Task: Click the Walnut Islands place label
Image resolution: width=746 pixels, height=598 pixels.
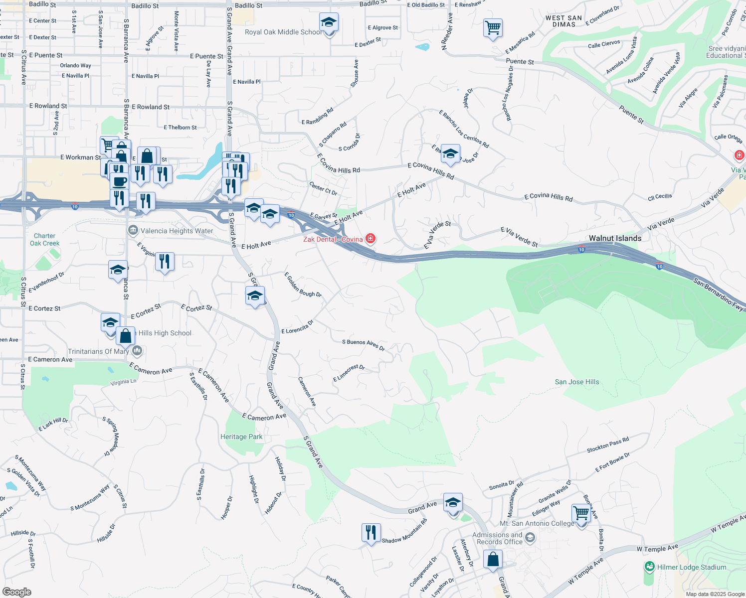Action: point(615,238)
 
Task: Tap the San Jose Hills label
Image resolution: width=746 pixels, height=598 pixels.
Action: point(577,382)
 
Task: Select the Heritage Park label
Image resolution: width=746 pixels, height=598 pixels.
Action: point(241,437)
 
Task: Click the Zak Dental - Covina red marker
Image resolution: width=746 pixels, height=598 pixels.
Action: point(371,239)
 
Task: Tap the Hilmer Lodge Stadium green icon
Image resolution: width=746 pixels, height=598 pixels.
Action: point(649,567)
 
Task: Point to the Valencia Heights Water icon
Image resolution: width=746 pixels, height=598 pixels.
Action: point(133,230)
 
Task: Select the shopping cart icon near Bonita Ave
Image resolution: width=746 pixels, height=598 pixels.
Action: point(581,513)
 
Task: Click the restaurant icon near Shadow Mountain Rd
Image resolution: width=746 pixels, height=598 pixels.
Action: point(371,533)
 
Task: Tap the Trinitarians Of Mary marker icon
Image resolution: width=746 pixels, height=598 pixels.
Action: point(138,351)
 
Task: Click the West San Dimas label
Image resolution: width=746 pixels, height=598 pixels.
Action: point(563,21)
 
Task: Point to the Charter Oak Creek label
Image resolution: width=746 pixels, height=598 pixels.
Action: point(44,240)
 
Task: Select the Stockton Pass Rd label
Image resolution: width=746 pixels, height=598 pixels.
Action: point(607,445)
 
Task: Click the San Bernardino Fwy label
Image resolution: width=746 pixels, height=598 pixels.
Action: point(718,294)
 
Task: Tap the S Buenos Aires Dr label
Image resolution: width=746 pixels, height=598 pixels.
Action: point(363,344)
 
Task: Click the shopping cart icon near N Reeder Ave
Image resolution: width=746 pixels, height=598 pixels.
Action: point(493,28)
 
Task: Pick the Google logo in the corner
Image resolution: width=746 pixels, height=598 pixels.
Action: point(17,592)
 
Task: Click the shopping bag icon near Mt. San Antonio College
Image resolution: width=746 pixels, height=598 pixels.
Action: point(493,559)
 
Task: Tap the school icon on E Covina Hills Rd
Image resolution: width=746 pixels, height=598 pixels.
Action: point(450,154)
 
